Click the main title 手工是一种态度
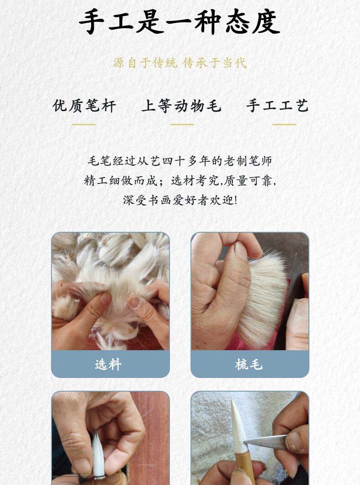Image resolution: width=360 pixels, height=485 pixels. pyautogui.click(x=180, y=22)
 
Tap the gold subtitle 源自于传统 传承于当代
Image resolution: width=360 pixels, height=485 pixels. pyautogui.click(x=180, y=63)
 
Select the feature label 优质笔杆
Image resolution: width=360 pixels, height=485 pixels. pyautogui.click(x=84, y=106)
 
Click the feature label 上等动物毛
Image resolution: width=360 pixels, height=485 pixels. pyautogui.click(x=181, y=106)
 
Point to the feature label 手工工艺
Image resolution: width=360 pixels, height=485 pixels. pyautogui.click(x=278, y=106)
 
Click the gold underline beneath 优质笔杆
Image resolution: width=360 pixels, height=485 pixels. pyautogui.click(x=84, y=124)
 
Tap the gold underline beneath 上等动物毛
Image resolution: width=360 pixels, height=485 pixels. pyautogui.click(x=182, y=124)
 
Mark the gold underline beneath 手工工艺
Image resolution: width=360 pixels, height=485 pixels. pyautogui.click(x=284, y=124)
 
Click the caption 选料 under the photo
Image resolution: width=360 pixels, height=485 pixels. pyautogui.click(x=108, y=364)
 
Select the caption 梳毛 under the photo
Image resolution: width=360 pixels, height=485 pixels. pyautogui.click(x=249, y=364)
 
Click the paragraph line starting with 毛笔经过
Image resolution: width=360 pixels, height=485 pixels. pyautogui.click(x=180, y=161)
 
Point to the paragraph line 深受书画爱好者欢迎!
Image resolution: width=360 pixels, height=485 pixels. pyautogui.click(x=180, y=200)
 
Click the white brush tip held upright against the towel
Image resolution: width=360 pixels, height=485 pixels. pyautogui.click(x=238, y=424)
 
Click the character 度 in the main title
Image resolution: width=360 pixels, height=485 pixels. pyautogui.click(x=266, y=22)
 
